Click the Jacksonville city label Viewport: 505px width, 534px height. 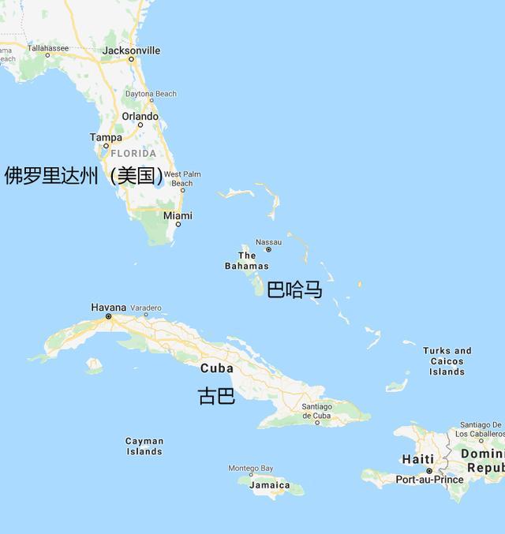131,50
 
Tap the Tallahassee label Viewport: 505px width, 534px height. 48,48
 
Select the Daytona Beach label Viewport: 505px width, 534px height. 151,94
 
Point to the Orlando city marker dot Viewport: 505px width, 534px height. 140,125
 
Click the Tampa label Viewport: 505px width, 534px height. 106,137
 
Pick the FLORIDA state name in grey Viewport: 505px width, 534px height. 133,153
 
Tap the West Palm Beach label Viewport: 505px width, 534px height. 182,178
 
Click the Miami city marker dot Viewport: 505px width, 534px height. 178,224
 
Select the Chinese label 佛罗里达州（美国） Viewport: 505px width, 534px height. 85,175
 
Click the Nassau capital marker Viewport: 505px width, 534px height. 268,249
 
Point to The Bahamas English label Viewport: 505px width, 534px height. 246,260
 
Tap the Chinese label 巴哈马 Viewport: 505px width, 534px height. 294,290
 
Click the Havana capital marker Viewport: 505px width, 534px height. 109,316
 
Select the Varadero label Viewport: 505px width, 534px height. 146,308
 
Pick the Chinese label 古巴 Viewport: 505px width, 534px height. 216,396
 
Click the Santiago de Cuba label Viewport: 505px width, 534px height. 316,411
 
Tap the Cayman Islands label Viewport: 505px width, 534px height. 144,446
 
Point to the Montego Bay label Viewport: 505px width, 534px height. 250,469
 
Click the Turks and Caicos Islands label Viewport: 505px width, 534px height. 447,361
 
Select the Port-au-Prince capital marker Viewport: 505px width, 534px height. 429,471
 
